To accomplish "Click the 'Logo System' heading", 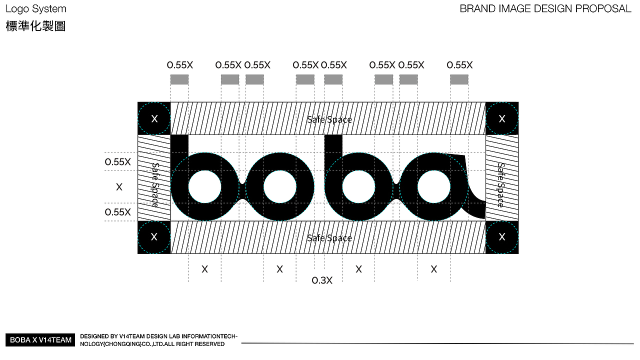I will pyautogui.click(x=36, y=9).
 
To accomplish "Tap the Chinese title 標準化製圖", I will pyautogui.click(x=36, y=26).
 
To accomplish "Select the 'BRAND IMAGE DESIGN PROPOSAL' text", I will pyautogui.click(x=545, y=8).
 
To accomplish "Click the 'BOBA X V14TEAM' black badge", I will pyautogui.click(x=41, y=340).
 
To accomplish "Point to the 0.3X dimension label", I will pyautogui.click(x=322, y=280).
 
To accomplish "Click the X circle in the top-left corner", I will pyautogui.click(x=154, y=118).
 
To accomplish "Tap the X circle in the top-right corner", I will pyautogui.click(x=502, y=118).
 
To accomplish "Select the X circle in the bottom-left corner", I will pyautogui.click(x=154, y=237).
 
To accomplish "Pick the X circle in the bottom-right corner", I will pyautogui.click(x=502, y=237).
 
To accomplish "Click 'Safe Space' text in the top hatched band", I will pyautogui.click(x=329, y=119).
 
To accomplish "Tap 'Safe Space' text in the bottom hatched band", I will pyautogui.click(x=329, y=238).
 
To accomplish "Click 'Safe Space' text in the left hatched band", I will pyautogui.click(x=155, y=185).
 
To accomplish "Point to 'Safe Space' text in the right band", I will pyautogui.click(x=501, y=185).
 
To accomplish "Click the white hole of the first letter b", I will pyautogui.click(x=204, y=186).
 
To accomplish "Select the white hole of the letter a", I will pyautogui.click(x=433, y=186).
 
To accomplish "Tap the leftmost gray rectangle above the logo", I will pyautogui.click(x=179, y=79).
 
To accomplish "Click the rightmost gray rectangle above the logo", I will pyautogui.click(x=459, y=79).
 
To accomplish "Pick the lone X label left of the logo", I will pyautogui.click(x=119, y=187).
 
